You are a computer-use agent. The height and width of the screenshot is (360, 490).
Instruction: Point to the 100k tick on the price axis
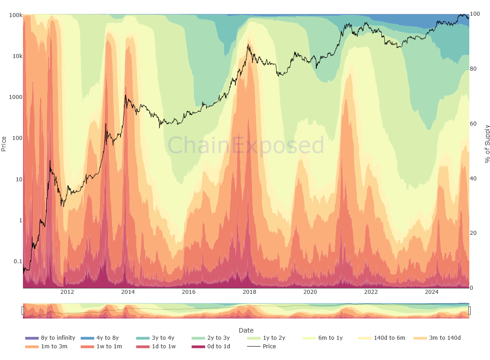pyautogui.click(x=16, y=15)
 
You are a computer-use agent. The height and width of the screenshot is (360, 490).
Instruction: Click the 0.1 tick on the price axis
pyautogui.click(x=17, y=261)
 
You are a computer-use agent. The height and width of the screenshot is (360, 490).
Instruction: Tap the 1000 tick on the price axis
pyautogui.click(x=15, y=97)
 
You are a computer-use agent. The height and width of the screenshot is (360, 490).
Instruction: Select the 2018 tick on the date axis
pyautogui.click(x=249, y=292)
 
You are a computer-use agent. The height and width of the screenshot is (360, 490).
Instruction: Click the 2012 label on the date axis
pyautogui.click(x=67, y=292)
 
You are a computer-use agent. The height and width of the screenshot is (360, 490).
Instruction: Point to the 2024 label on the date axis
pyautogui.click(x=432, y=292)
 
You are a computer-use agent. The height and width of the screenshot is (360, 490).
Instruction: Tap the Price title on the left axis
pyautogui.click(x=4, y=144)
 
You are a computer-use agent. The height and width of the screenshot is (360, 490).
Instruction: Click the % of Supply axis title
pyautogui.click(x=487, y=144)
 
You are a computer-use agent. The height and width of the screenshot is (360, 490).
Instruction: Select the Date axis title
pyautogui.click(x=246, y=330)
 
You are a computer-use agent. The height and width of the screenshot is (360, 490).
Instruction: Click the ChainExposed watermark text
pyautogui.click(x=246, y=146)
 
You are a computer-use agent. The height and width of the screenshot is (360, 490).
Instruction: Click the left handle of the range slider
pyautogui.click(x=22, y=310)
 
